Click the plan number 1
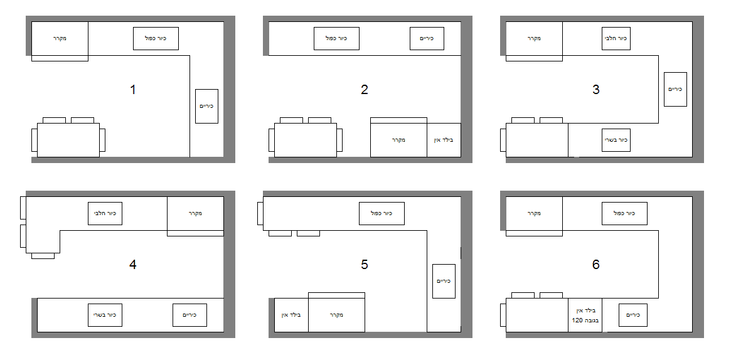[x=132, y=90]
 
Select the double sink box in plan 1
[x=156, y=38]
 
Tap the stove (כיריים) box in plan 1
[x=206, y=106]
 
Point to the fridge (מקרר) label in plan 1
[x=60, y=39]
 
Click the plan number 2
[x=365, y=90]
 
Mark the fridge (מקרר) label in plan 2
[x=398, y=140]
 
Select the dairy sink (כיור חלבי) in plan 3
[x=616, y=38]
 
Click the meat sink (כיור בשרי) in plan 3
[x=616, y=140]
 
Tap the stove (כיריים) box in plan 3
[x=675, y=89]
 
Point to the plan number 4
[x=132, y=265]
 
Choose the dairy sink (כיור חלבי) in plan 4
[x=105, y=213]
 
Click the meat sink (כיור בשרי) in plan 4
[x=105, y=315]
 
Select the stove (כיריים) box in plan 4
[x=189, y=315]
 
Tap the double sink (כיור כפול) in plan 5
[x=382, y=213]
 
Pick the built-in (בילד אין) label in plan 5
[x=291, y=315]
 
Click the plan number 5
[x=365, y=265]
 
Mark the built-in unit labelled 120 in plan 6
[x=585, y=315]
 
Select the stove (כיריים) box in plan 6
[x=632, y=315]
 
